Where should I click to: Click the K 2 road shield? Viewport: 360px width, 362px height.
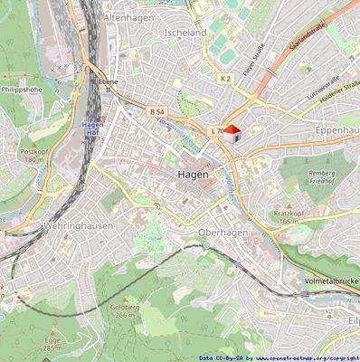pyautogui.click(x=225, y=80)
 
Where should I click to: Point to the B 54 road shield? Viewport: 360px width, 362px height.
pyautogui.click(x=156, y=110)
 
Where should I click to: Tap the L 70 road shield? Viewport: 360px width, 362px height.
pyautogui.click(x=216, y=131)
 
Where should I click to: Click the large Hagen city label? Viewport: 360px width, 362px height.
pyautogui.click(x=194, y=173)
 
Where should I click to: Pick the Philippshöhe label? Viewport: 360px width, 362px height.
pyautogui.click(x=22, y=90)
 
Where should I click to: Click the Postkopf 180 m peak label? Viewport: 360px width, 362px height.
pyautogui.click(x=33, y=155)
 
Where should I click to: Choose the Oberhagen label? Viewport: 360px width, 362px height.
pyautogui.click(x=222, y=232)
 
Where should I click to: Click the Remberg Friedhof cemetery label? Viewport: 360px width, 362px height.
pyautogui.click(x=322, y=176)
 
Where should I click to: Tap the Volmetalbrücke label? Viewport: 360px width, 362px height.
pyautogui.click(x=330, y=281)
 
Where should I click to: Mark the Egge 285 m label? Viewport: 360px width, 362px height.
pyautogui.click(x=52, y=344)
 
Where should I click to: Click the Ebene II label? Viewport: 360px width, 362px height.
pyautogui.click(x=102, y=84)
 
